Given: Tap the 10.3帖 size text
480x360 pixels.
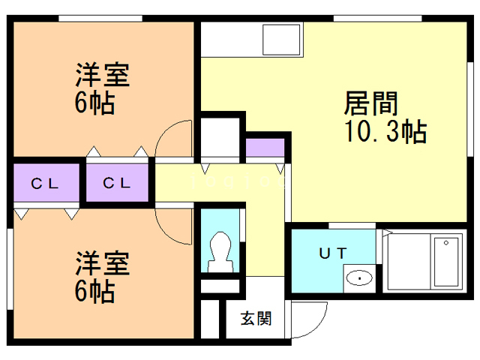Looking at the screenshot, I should (x=385, y=132).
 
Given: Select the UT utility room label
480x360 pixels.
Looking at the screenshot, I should (x=334, y=253).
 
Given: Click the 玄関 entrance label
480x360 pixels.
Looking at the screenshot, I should (x=256, y=318).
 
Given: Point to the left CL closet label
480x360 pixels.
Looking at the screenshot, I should (x=45, y=182).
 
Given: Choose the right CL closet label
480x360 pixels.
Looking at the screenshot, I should (x=118, y=182).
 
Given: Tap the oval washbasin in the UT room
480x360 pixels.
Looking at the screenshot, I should (x=361, y=279).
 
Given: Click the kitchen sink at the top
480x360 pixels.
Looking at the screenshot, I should (x=282, y=39).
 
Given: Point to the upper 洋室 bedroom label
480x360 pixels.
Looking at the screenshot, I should (x=103, y=76).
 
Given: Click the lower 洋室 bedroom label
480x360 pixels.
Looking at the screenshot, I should (x=103, y=263).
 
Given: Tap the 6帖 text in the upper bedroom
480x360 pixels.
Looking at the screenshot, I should (x=95, y=103).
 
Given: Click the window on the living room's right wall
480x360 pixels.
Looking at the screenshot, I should (x=472, y=90).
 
